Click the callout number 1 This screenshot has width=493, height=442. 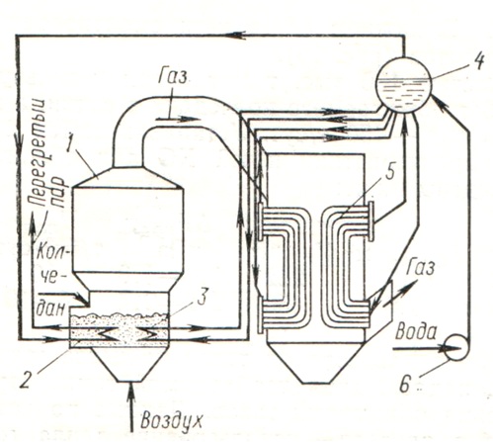point(68,140)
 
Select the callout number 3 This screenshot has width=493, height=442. point(202,297)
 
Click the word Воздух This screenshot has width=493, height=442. point(171,420)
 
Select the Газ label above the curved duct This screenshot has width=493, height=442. point(172,77)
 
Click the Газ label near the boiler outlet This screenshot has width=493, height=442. point(420,268)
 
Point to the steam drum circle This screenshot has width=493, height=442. point(404,84)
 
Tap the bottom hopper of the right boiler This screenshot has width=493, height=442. point(316,362)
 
